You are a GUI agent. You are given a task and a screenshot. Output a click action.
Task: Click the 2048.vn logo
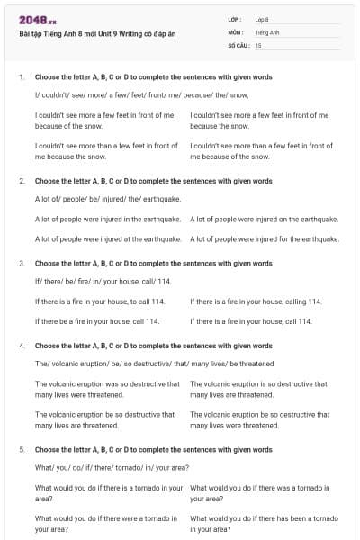point(37,19)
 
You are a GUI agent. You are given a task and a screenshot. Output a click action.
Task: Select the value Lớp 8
point(262,19)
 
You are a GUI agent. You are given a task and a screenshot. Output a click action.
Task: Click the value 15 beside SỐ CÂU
point(258,44)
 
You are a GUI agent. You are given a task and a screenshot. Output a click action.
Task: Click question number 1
point(22,77)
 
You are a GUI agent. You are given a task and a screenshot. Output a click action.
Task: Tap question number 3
point(22,264)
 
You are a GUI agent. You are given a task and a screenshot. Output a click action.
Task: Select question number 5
point(22,448)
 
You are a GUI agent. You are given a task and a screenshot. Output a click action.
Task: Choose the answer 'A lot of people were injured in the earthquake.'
point(110,219)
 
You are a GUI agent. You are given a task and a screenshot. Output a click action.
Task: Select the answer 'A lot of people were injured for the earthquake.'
point(265,238)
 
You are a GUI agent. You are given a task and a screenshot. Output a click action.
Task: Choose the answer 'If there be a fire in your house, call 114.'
point(97,320)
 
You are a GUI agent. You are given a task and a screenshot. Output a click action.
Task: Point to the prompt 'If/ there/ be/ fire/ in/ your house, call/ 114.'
point(103,281)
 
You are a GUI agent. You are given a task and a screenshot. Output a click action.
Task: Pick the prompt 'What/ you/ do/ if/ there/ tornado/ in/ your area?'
point(112,467)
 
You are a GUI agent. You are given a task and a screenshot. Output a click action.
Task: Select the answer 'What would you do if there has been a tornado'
point(264,524)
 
